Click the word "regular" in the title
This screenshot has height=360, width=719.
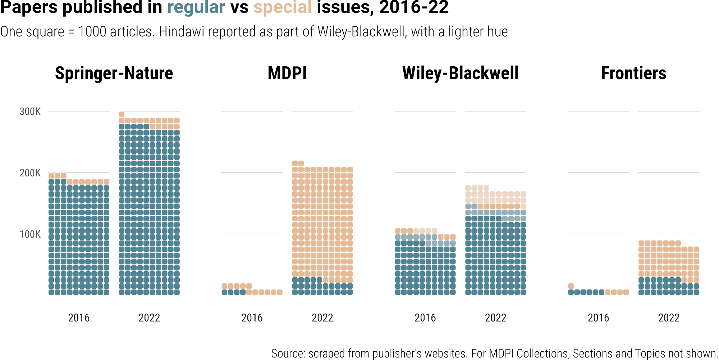(x=196, y=8)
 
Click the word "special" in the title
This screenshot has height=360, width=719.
(x=283, y=8)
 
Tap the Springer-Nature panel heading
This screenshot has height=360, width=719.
(x=114, y=73)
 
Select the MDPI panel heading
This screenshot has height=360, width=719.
(x=287, y=73)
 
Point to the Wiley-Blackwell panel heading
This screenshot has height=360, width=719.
(x=461, y=73)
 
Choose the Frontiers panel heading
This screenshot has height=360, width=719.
(x=633, y=73)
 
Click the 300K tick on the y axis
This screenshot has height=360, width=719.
(x=30, y=112)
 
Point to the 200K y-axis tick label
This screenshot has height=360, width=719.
(x=30, y=173)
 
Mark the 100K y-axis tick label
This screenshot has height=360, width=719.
(x=30, y=234)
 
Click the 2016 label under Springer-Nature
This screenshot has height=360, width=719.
(x=79, y=318)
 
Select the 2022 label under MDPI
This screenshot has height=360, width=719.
(x=322, y=318)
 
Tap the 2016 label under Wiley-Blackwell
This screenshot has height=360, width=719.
(x=425, y=318)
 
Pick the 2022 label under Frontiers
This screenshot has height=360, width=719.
(x=669, y=318)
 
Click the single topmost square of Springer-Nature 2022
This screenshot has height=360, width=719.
(x=122, y=114)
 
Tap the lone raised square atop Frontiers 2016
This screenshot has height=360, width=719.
(x=571, y=286)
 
